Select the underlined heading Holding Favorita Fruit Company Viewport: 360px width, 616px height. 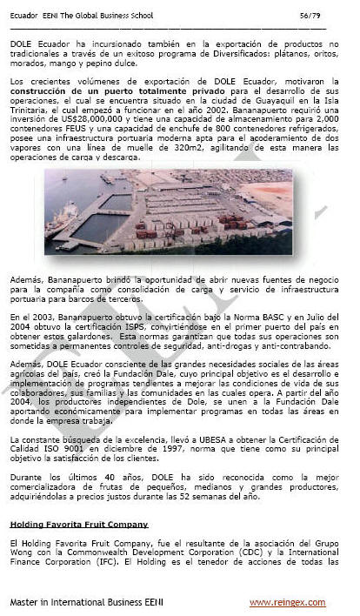pos(78,524)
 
